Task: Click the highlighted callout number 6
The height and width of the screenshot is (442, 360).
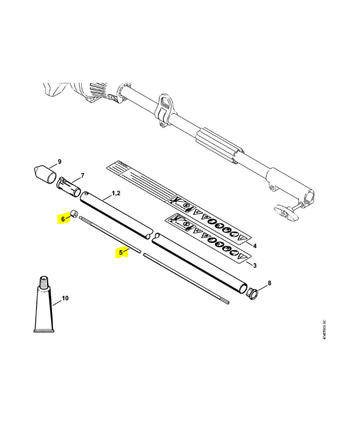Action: [x=63, y=219]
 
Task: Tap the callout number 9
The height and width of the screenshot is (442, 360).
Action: [x=60, y=162]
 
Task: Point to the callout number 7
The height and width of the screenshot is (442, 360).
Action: [x=82, y=176]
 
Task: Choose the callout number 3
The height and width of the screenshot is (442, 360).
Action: [x=254, y=266]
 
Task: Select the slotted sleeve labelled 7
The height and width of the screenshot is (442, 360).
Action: [x=69, y=186]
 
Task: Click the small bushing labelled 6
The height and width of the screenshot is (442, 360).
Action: [x=73, y=214]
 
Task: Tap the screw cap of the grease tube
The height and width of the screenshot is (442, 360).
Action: [x=44, y=281]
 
